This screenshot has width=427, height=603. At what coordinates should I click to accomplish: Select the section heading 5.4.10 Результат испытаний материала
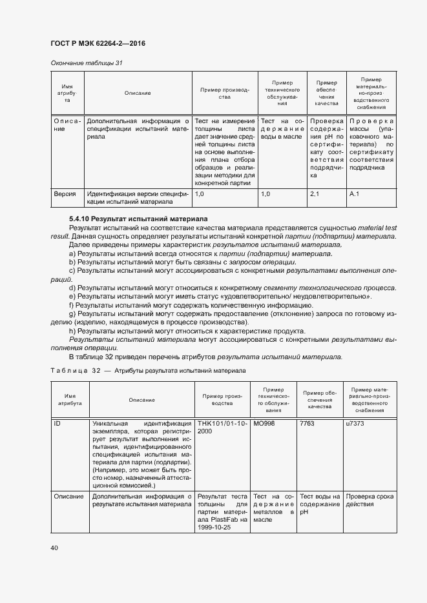138,219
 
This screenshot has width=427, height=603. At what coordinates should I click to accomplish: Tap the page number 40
54,548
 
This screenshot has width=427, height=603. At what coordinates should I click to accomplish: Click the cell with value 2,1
315,193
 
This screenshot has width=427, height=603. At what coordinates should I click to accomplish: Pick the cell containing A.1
354,193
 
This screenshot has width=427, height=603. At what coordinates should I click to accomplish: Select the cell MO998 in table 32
264,424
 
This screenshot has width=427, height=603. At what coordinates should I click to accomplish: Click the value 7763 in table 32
308,424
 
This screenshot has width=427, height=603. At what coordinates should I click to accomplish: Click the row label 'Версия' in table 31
65,193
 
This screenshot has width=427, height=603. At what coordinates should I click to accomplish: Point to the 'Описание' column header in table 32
141,400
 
